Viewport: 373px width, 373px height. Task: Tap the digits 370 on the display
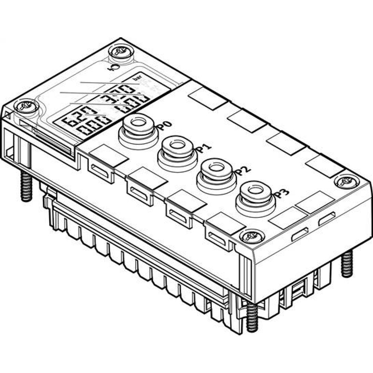121,91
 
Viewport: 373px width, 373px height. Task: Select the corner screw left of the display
26,107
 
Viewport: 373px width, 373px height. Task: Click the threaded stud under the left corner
26,187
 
